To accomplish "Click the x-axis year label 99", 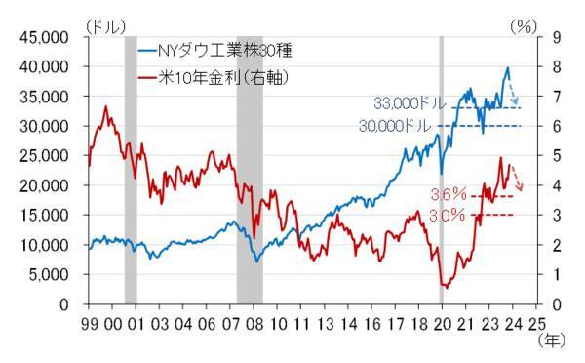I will [x=89, y=322].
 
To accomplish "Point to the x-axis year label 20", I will [x=441, y=322].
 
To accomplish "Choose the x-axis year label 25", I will [x=535, y=322].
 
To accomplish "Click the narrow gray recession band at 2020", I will [x=442, y=166].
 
